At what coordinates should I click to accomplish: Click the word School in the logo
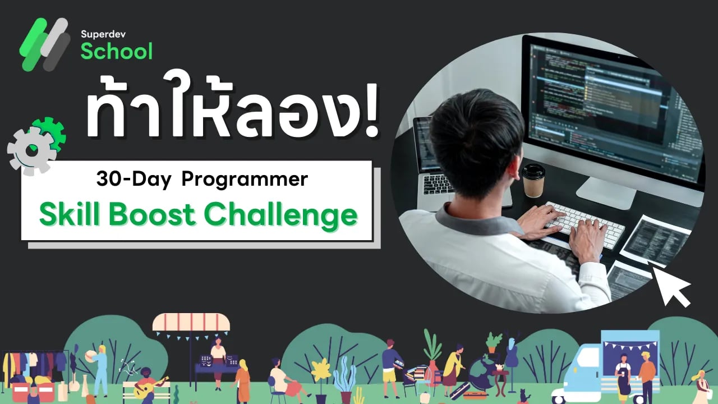(x=116, y=51)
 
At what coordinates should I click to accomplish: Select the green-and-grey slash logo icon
(x=45, y=44)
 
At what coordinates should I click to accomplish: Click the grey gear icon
(x=31, y=150)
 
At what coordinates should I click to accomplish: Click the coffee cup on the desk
(x=533, y=180)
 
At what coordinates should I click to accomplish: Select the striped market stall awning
(x=191, y=323)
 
